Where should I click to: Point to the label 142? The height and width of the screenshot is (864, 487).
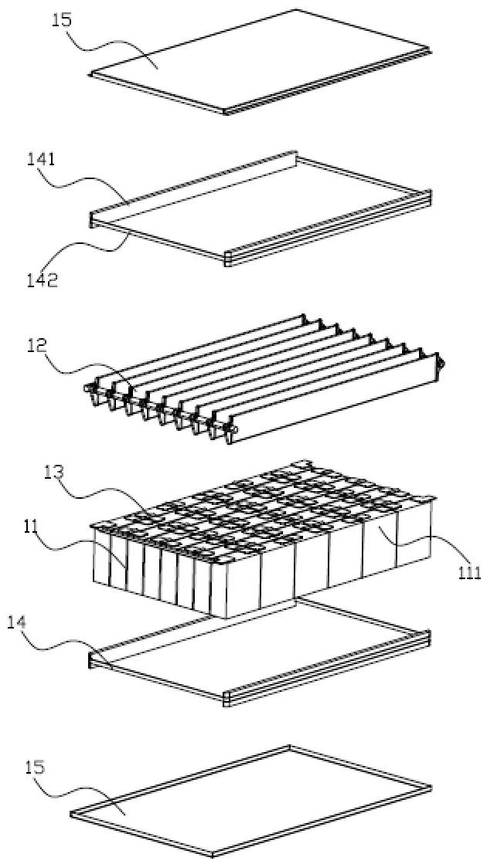(40, 280)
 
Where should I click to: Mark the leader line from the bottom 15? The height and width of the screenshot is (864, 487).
(85, 791)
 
